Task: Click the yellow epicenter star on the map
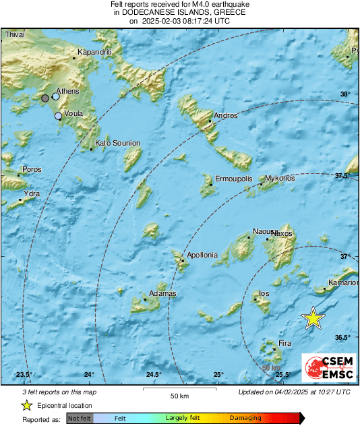pos(313,318)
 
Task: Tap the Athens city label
pos(67,90)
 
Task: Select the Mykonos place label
pos(280,179)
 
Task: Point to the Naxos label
pos(283,233)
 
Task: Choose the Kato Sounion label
pos(118,143)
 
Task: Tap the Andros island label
pos(225,116)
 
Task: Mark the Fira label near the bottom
pos(285,344)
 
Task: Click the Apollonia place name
pos(202,255)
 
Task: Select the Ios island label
pos(264,294)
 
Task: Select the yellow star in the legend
pos(26,405)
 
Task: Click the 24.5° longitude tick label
pos(154,375)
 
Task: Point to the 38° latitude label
pos(345,94)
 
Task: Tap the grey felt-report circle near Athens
pos(45,98)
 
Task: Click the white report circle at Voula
pos(59,116)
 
